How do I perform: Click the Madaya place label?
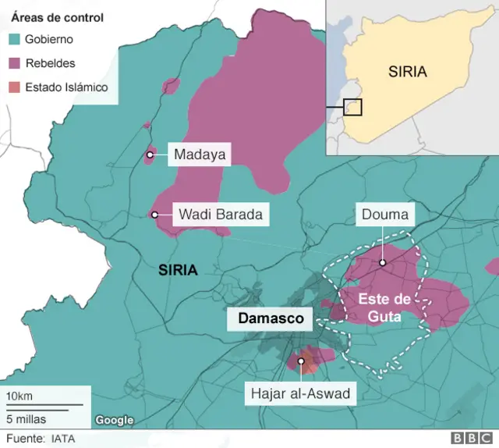[x=200, y=155]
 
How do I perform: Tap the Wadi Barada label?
[x=220, y=214]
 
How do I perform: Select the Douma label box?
[x=382, y=214]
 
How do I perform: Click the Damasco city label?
[x=269, y=318]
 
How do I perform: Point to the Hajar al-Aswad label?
[x=300, y=393]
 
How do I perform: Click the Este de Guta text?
[x=380, y=308]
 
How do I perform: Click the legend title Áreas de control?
[x=57, y=16]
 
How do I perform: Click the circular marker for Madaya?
[x=150, y=155]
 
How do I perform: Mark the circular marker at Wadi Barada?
[x=154, y=215]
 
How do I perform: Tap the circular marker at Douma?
[x=383, y=262]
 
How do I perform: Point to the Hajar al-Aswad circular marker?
[x=301, y=361]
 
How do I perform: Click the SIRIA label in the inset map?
[x=408, y=72]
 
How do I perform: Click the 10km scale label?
[x=19, y=395]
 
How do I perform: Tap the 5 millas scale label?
[x=26, y=418]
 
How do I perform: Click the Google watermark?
[x=115, y=421]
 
